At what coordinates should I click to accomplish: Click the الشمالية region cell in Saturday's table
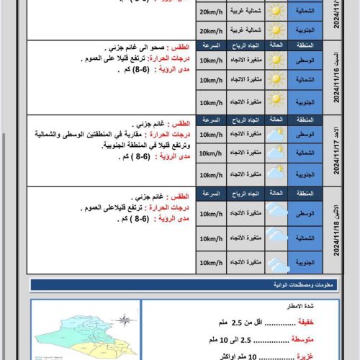point(305,81)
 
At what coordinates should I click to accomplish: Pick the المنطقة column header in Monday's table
point(305,192)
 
